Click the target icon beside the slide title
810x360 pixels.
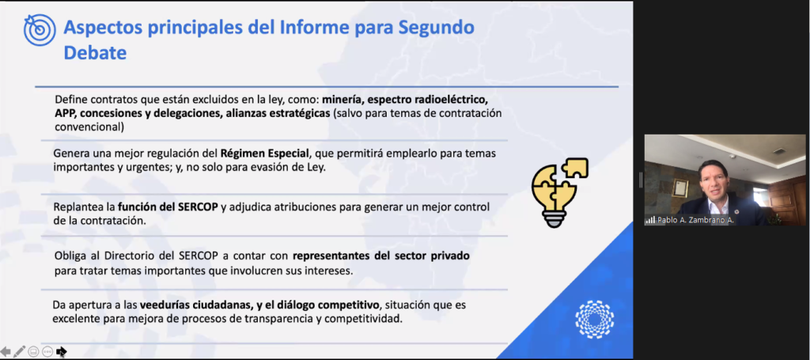(40, 29)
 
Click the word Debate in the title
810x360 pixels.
(95, 52)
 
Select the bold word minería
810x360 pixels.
(344, 99)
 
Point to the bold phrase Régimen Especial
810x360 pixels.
(264, 153)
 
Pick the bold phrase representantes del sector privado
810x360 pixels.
(381, 256)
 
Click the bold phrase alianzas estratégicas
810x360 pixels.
(277, 113)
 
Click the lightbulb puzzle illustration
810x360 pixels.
(559, 192)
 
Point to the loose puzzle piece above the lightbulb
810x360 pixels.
(574, 168)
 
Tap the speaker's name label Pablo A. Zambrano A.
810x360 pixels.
(695, 220)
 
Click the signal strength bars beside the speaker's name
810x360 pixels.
(650, 221)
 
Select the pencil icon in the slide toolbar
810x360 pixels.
(19, 352)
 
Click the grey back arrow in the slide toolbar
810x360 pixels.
(6, 352)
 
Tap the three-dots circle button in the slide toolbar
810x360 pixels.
(47, 352)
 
